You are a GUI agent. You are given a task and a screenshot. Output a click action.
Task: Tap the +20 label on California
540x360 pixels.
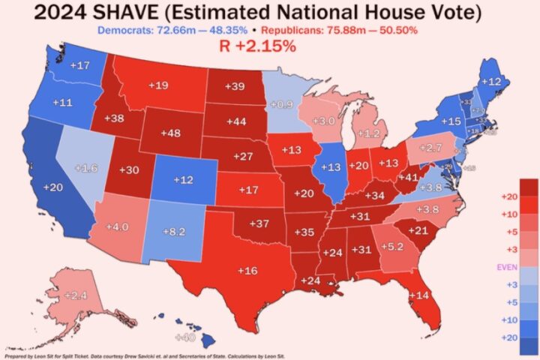click(x=53, y=187)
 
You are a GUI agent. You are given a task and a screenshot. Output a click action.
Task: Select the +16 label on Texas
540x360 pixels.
click(x=248, y=270)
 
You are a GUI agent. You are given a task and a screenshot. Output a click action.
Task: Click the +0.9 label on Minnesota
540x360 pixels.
click(x=281, y=104)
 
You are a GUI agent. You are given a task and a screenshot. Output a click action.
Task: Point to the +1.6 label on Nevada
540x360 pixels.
click(x=86, y=168)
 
